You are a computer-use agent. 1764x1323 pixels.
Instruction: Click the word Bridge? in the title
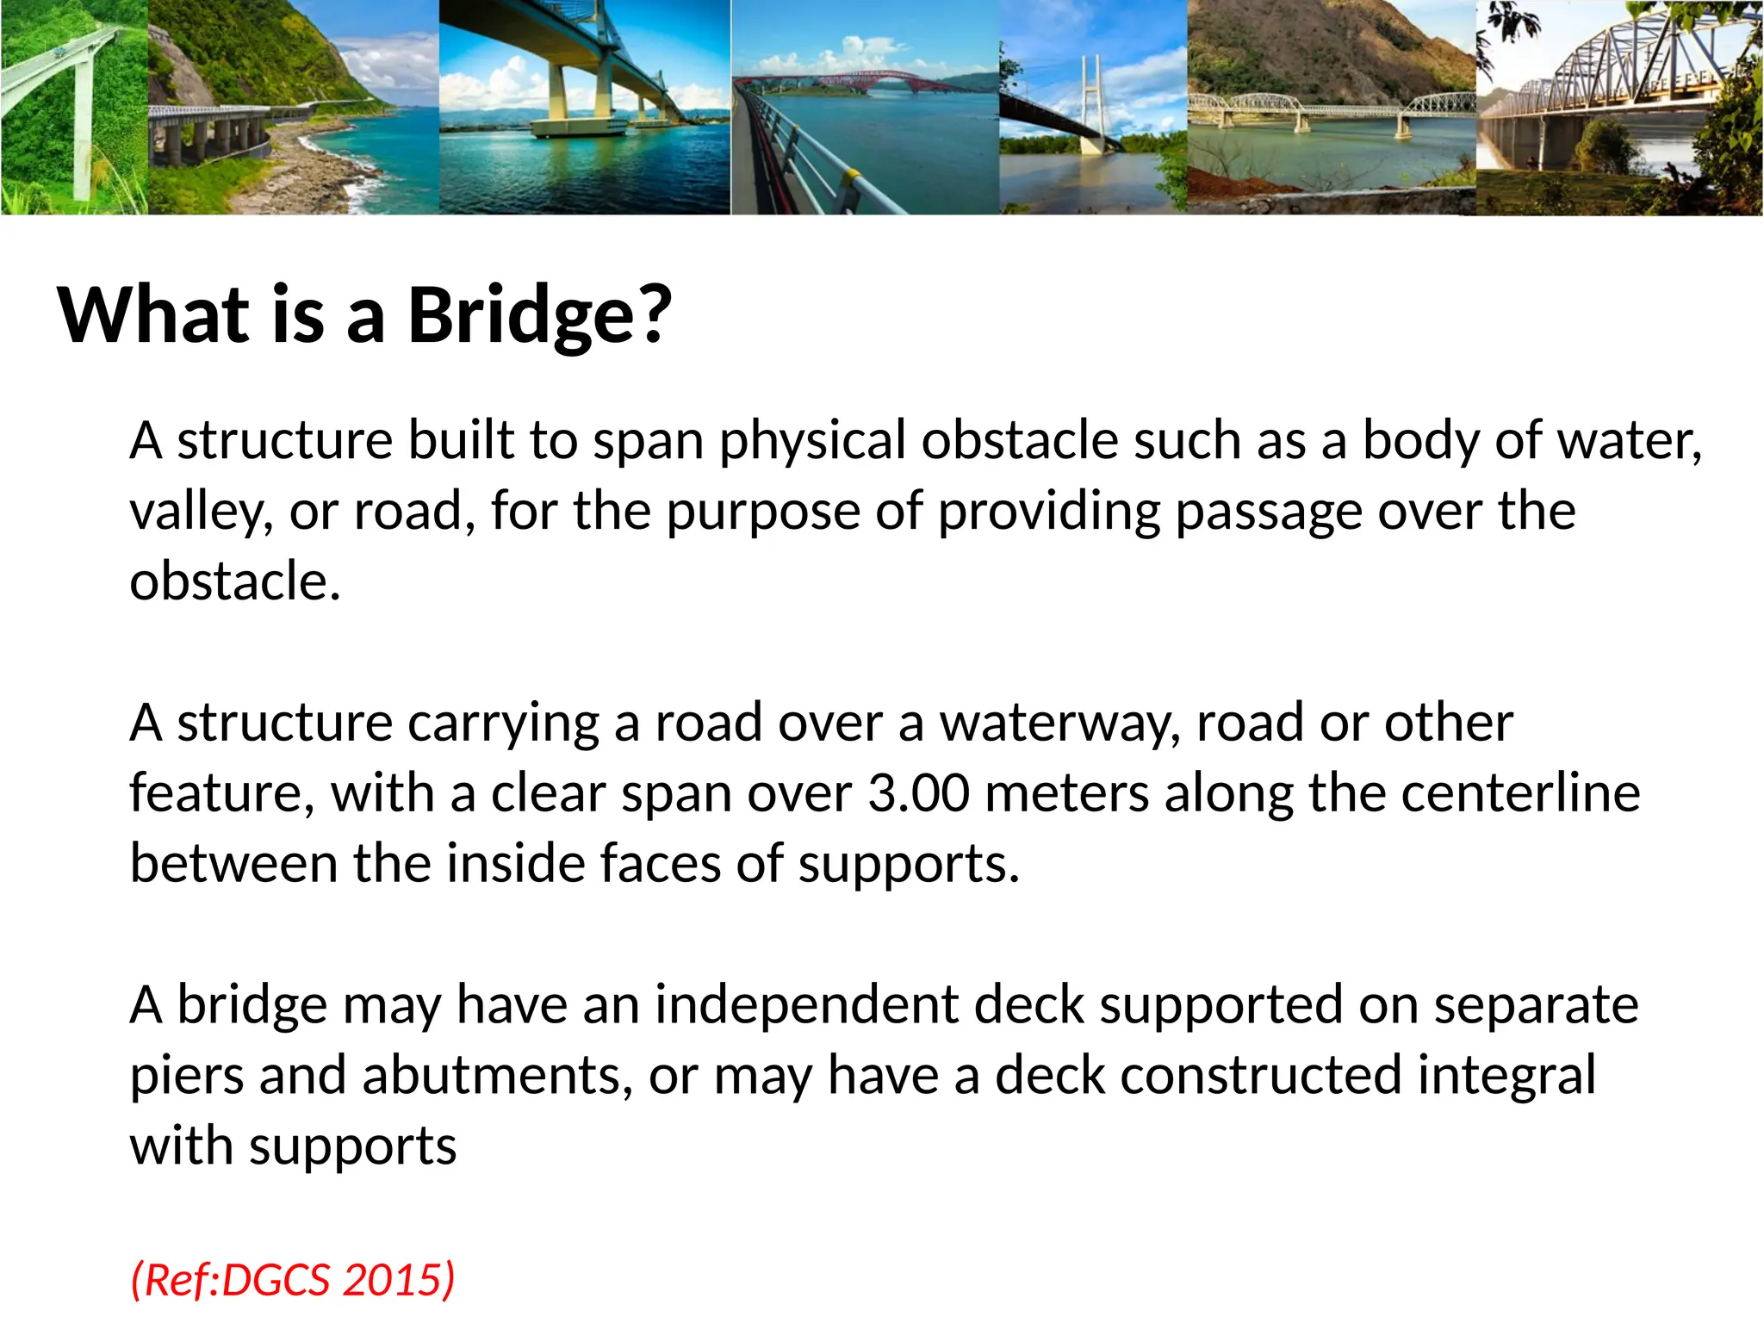(x=539, y=315)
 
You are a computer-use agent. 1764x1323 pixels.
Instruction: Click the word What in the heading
(x=153, y=315)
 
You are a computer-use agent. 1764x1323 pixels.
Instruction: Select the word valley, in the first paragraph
(x=201, y=512)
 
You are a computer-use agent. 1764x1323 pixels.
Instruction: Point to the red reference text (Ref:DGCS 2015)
(x=292, y=1279)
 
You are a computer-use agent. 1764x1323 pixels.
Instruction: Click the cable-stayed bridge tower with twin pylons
(x=1093, y=95)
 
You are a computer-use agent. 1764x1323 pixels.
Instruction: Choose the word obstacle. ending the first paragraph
(x=235, y=581)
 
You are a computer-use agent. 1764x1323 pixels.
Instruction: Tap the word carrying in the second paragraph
(x=503, y=724)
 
